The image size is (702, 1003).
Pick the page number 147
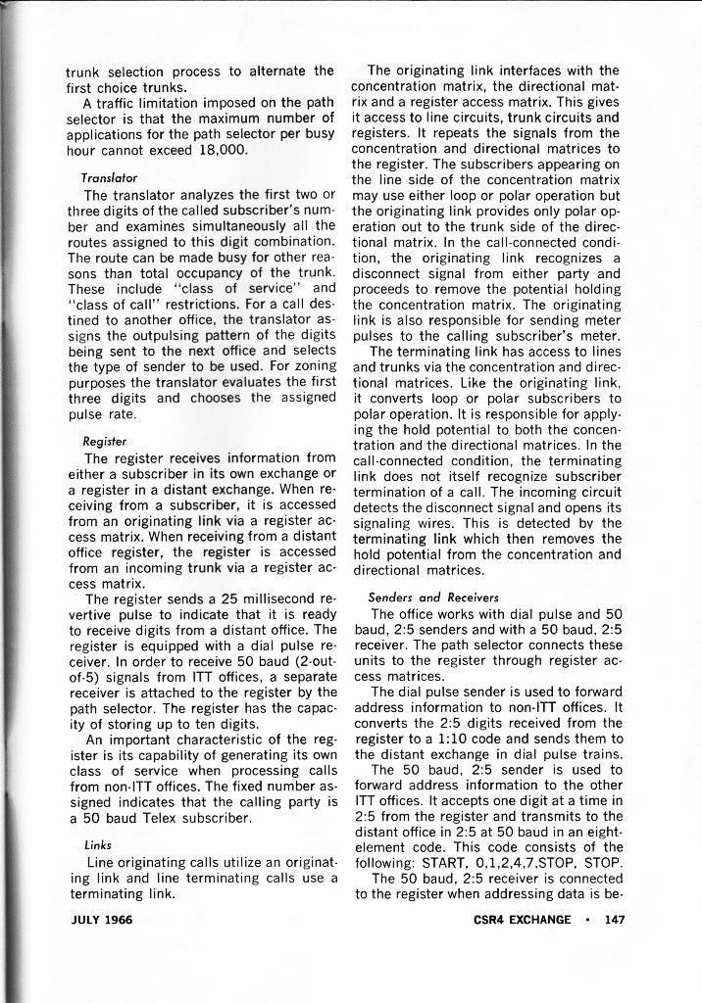616,919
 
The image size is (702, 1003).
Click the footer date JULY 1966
102,919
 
